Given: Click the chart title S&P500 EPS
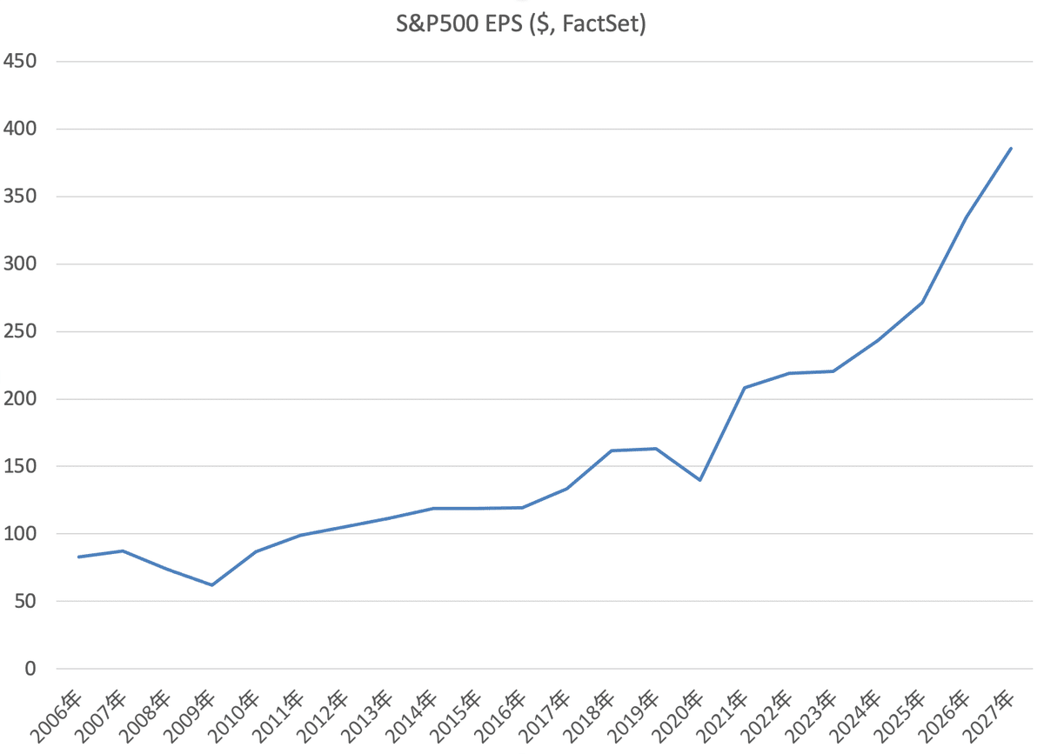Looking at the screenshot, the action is [x=459, y=23].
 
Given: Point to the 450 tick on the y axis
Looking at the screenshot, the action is [x=19, y=61].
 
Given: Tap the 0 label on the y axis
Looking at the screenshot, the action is [x=30, y=669].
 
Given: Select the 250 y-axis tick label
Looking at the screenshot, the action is [x=19, y=331].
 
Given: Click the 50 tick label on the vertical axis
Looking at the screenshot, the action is [x=25, y=601].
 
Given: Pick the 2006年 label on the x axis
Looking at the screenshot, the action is [x=56, y=717].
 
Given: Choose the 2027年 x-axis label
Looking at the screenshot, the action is [x=988, y=717].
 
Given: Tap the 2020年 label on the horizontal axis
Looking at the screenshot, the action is [x=677, y=717].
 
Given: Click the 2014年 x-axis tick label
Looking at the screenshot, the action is [x=411, y=717].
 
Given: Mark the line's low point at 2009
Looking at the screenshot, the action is [x=212, y=584].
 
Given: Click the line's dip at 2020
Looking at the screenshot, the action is [x=700, y=480].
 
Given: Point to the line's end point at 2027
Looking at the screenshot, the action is [x=1011, y=148].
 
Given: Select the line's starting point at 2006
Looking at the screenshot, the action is [x=79, y=557].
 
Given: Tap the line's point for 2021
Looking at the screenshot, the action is [x=745, y=388].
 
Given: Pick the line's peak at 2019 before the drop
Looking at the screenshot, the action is [x=656, y=449].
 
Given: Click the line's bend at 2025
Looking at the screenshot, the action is [x=922, y=303].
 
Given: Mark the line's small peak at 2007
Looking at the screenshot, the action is [x=123, y=550].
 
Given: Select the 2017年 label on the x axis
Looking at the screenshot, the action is [x=544, y=717].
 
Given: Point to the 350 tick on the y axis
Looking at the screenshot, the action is [x=19, y=197].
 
